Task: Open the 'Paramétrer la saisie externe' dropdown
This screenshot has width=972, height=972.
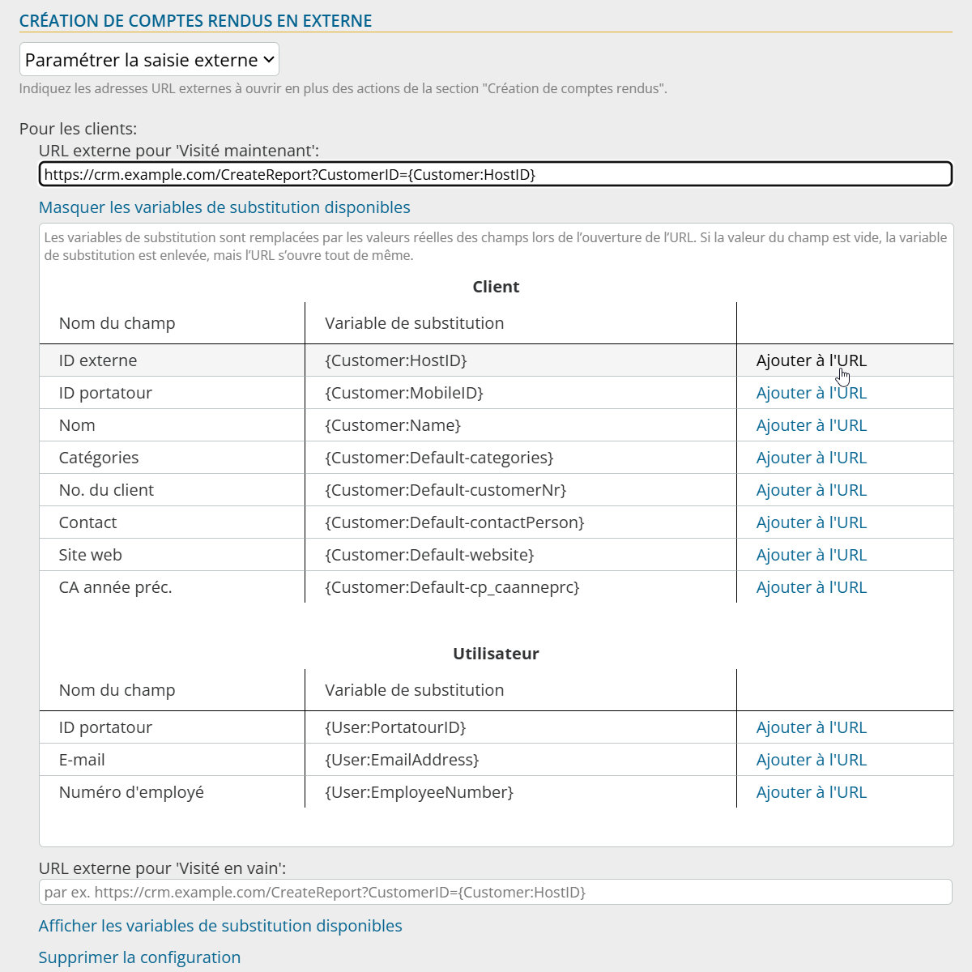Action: coord(149,60)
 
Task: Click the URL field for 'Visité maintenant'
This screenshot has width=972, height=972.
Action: coord(495,174)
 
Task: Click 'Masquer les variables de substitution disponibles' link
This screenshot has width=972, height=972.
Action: coord(224,207)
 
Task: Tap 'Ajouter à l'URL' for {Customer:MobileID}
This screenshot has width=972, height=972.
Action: coord(811,393)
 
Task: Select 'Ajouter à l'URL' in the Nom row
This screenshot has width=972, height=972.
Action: coord(811,425)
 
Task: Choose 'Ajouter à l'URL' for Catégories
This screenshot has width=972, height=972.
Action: coord(811,458)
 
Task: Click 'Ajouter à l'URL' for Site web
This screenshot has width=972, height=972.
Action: coord(811,555)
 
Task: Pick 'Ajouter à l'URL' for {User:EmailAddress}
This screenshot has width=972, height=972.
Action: coord(811,760)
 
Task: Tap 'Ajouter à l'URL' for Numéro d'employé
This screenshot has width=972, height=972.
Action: coord(811,792)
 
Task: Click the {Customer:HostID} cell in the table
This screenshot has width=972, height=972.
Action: coord(396,360)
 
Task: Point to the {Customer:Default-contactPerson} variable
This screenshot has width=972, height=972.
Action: coord(454,522)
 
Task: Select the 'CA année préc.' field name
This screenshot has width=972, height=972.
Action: coord(115,587)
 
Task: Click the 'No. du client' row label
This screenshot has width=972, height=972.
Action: coord(106,490)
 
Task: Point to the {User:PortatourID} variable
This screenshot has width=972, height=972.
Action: coord(395,727)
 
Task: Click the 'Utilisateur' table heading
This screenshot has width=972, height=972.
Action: coord(496,654)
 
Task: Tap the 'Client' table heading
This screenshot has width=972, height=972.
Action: coord(496,287)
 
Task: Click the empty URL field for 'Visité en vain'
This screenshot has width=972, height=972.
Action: coord(495,892)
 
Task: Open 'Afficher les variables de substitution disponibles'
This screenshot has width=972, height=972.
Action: coord(220,926)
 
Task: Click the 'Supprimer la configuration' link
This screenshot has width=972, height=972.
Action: coord(139,957)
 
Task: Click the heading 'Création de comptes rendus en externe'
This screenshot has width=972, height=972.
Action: coord(195,21)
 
